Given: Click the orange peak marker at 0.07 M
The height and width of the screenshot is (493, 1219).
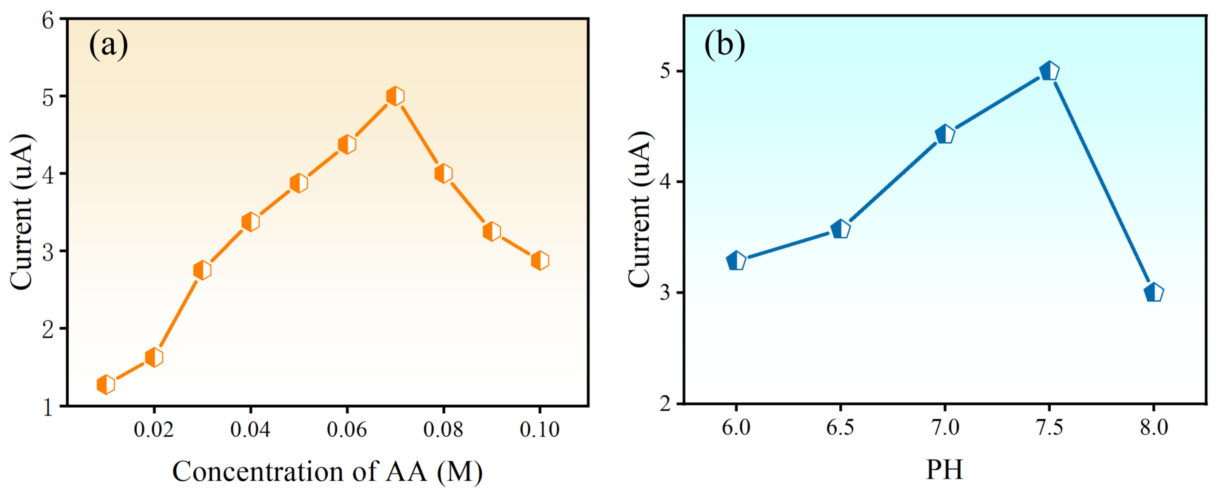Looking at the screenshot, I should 395,96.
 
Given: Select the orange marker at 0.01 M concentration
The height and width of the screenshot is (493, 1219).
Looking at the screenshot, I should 106,384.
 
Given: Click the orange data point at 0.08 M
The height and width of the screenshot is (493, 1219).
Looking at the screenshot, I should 443,174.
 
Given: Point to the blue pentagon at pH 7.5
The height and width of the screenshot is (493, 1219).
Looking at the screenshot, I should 1049,71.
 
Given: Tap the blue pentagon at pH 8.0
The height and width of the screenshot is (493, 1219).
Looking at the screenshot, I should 1153,293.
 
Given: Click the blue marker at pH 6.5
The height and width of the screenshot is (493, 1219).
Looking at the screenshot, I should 840,230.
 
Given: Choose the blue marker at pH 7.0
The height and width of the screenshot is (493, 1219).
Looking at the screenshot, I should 945,135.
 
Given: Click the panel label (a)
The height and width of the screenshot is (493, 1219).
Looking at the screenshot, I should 108,45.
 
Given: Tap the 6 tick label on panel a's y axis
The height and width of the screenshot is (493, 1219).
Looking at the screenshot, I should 48,21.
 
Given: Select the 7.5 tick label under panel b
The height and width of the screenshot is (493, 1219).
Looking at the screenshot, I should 1049,428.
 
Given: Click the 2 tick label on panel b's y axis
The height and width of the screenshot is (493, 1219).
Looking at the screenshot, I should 665,404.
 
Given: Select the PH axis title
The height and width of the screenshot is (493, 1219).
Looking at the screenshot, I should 944,470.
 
